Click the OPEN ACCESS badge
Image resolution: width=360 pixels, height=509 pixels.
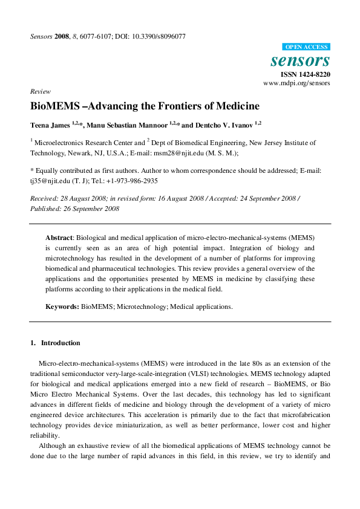pyautogui.click(x=306, y=47)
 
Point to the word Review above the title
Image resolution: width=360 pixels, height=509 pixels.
pyautogui.click(x=40, y=91)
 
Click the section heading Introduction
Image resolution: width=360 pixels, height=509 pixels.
pyautogui.click(x=61, y=343)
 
